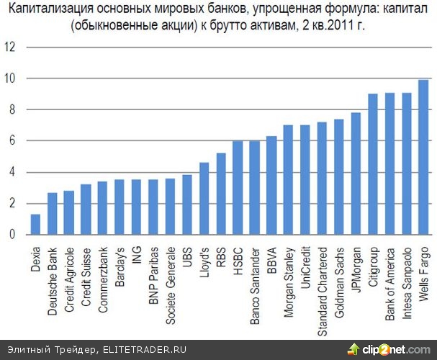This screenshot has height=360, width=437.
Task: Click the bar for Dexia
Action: coord(35,225)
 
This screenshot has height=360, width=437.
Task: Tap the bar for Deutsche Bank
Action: coord(53,214)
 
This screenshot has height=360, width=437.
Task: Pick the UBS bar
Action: coord(187,204)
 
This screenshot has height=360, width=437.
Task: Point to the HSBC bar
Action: coord(238,188)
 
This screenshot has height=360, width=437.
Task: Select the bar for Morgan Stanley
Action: coord(288,180)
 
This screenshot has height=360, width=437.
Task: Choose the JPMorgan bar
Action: coord(356,174)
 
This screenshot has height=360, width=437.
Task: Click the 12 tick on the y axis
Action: coord(10,48)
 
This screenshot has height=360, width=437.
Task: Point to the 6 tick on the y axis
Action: coord(10,141)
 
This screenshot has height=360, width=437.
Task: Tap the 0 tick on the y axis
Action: coord(10,235)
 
